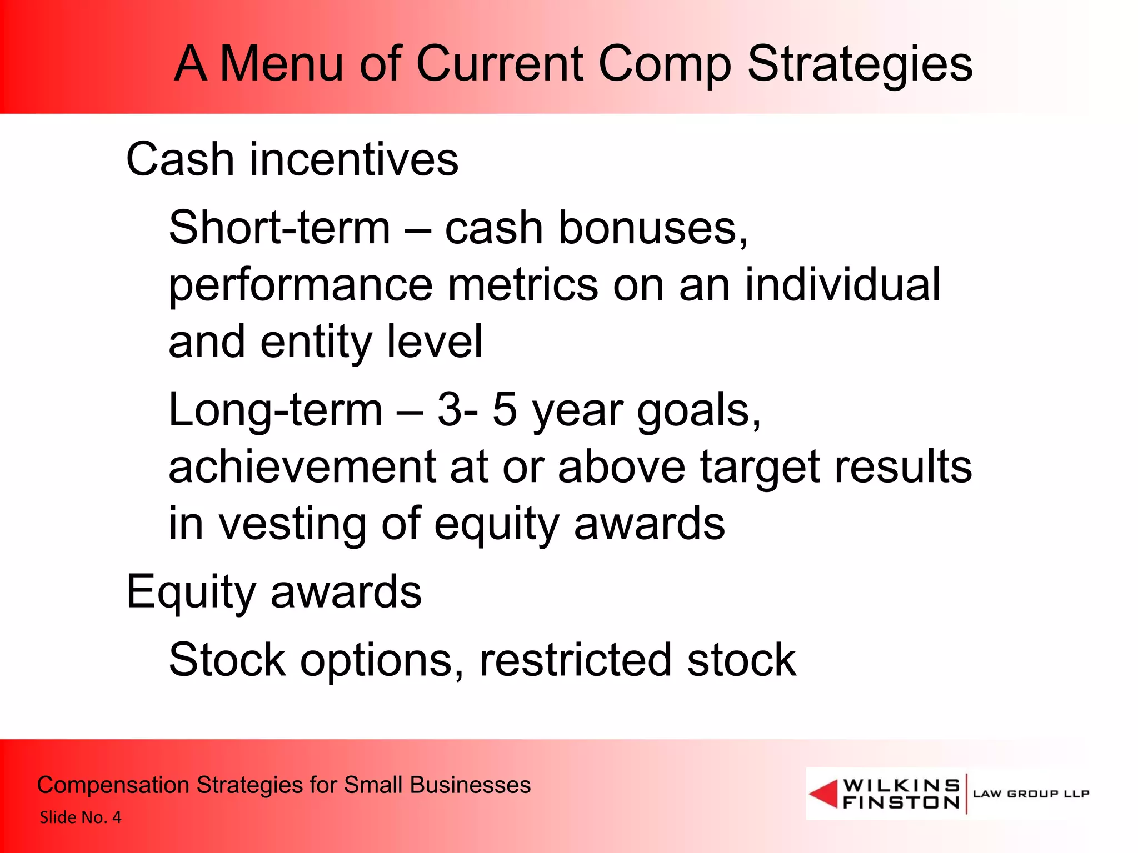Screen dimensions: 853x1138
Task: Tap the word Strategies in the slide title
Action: click(860, 66)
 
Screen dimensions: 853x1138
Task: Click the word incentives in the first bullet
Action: click(354, 159)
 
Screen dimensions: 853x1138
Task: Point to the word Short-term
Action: click(279, 228)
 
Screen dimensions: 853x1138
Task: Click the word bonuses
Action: click(653, 228)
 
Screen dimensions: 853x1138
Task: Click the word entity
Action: click(316, 343)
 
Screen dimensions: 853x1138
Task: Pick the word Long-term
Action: click(276, 410)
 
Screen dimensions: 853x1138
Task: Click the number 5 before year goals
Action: click(505, 410)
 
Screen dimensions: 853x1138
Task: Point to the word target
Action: click(759, 468)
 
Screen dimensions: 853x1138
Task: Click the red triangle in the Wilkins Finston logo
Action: click(824, 793)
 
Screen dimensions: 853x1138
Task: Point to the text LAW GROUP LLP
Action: click(1031, 794)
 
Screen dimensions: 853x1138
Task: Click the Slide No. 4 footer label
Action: click(81, 817)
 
